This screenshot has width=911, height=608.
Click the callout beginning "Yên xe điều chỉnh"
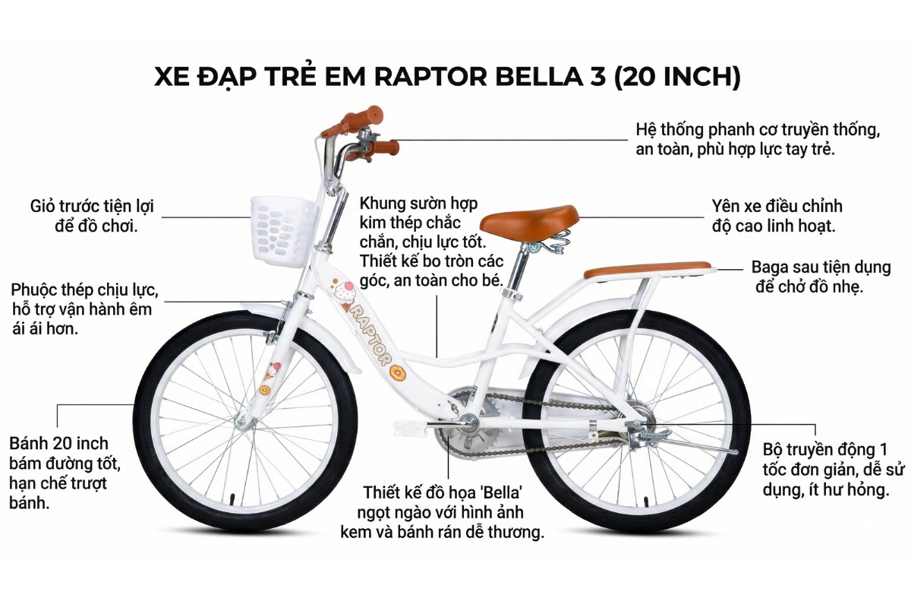click(777, 216)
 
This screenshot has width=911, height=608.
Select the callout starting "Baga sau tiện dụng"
click(820, 277)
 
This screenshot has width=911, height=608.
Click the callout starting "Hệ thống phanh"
click(758, 138)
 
